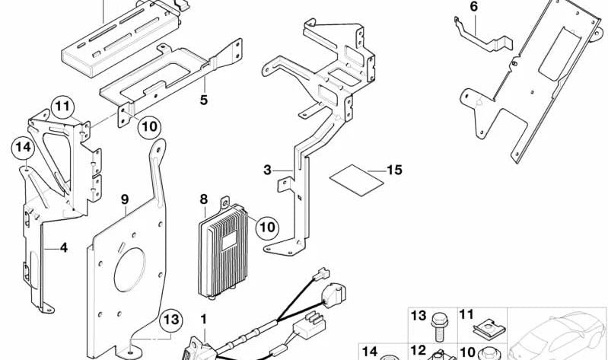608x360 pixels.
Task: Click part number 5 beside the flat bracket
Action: point(203,100)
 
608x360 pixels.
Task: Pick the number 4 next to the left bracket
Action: point(64,247)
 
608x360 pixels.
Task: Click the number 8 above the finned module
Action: point(203,199)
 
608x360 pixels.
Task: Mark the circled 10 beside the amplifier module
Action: point(266,226)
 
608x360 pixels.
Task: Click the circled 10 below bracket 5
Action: point(150,126)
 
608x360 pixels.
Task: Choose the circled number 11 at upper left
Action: point(63,107)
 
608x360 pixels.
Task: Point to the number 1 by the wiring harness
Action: point(203,317)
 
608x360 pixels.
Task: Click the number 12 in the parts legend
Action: point(415,351)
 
